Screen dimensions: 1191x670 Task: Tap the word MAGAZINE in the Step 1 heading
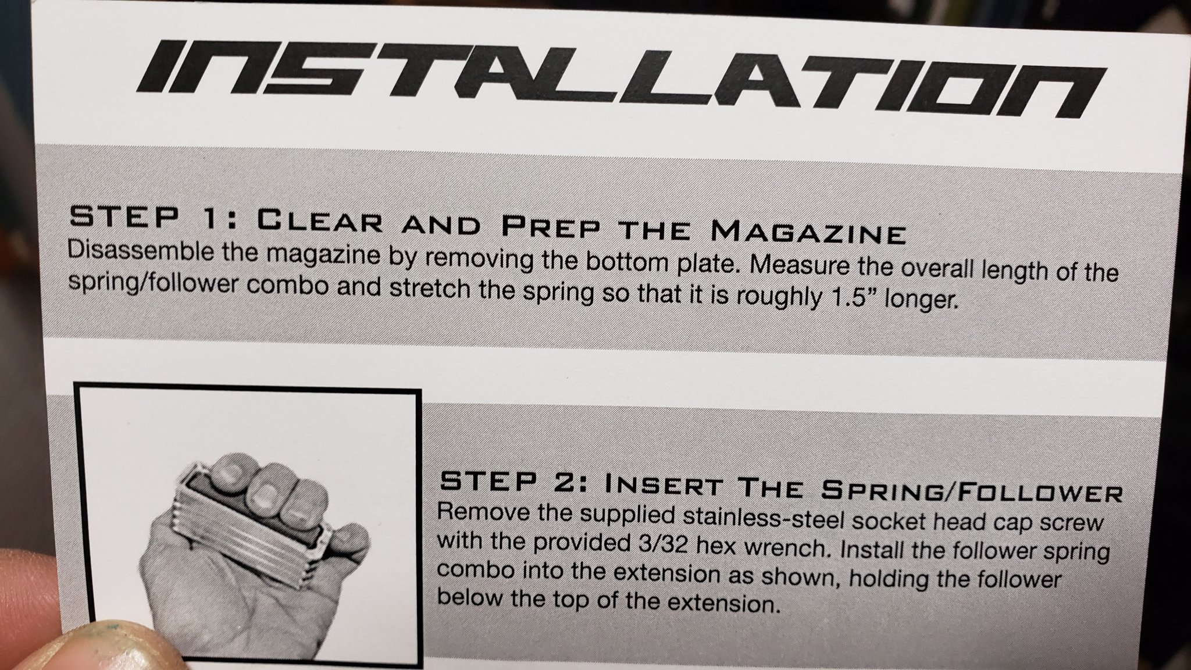click(x=809, y=231)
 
